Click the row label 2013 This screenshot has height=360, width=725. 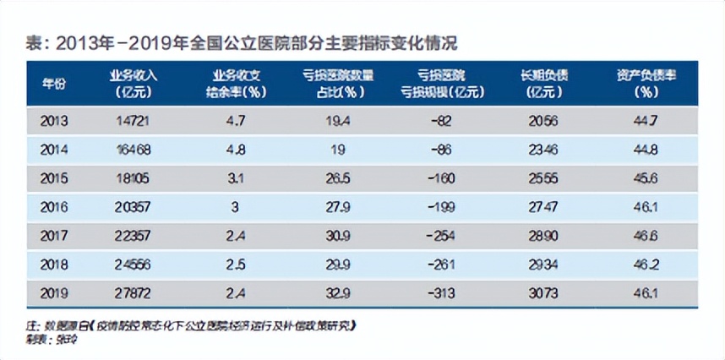(53, 121)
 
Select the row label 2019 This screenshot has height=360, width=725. (53, 292)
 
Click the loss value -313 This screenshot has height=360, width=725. (441, 292)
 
